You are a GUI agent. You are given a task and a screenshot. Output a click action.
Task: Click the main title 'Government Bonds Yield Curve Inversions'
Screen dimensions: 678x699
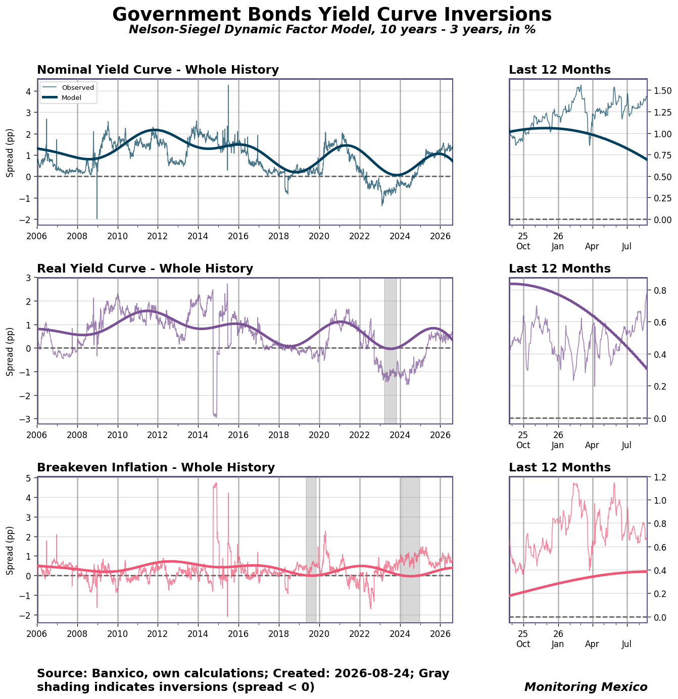(332, 15)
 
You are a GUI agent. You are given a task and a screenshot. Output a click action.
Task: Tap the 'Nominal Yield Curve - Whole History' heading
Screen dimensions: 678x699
(158, 69)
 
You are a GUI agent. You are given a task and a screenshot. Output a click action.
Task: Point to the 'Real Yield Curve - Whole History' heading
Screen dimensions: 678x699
(145, 268)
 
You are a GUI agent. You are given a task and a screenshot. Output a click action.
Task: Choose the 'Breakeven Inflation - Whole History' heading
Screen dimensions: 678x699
(156, 467)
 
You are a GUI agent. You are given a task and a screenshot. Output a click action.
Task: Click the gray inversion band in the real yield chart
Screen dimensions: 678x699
(390, 350)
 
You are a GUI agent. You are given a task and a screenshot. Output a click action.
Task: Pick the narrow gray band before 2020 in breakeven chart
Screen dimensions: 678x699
(311, 550)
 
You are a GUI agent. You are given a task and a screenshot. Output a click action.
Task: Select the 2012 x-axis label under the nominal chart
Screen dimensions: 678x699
(158, 236)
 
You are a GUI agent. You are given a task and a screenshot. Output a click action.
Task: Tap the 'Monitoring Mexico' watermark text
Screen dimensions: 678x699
(585, 686)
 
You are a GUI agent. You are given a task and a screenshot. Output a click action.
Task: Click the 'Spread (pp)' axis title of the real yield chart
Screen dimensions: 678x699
(10, 352)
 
